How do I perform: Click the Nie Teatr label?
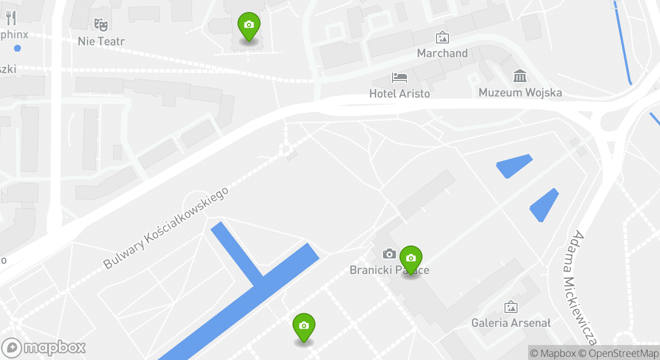point(101,41)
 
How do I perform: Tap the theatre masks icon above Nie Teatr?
point(101,23)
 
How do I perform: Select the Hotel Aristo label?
point(399,93)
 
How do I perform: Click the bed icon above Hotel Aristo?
point(399,77)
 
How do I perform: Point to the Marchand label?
point(442,53)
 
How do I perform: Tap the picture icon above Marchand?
point(442,37)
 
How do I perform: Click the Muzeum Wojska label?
point(520,92)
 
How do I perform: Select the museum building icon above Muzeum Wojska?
point(520,76)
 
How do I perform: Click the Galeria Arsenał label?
point(510,323)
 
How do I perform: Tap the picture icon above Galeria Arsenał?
point(510,307)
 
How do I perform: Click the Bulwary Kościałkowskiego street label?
point(166,228)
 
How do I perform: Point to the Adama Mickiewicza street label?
point(584,287)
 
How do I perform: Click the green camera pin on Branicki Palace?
point(410,259)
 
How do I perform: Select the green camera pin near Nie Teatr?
point(248,25)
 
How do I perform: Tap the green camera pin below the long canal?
point(303,326)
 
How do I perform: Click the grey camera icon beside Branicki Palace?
point(389,254)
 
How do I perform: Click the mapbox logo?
point(44,347)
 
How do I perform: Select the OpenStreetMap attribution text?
point(619,353)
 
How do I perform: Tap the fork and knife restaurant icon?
point(11,18)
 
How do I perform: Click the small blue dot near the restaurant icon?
point(18,48)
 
